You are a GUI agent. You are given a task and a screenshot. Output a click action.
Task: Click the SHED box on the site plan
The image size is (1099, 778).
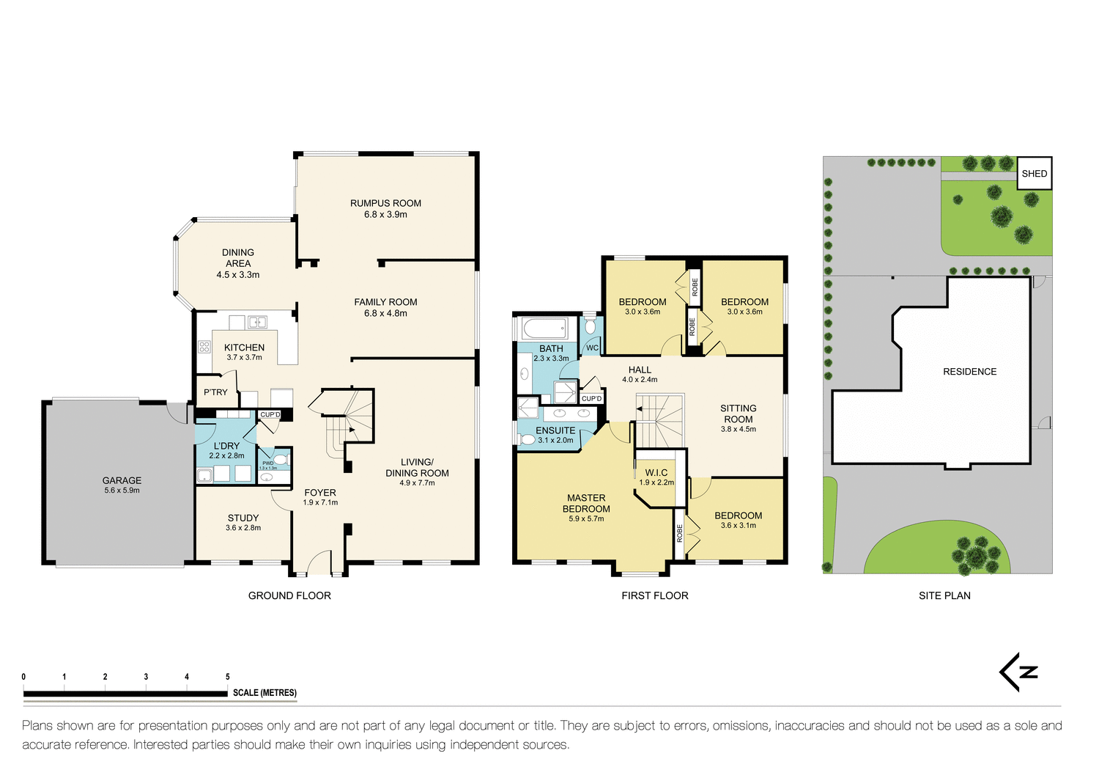(x=1034, y=174)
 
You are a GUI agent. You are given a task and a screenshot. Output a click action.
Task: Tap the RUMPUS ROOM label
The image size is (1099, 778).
(x=385, y=203)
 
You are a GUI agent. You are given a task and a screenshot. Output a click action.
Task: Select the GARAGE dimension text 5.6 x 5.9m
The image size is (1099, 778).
(x=122, y=491)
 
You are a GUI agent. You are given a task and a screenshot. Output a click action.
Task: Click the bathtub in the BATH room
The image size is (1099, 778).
(x=544, y=328)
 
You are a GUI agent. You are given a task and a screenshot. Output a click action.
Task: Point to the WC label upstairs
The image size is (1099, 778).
(x=592, y=348)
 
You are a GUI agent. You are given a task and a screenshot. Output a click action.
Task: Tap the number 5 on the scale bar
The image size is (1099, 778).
(x=228, y=677)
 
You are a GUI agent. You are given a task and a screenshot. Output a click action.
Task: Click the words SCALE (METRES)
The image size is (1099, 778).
(x=264, y=692)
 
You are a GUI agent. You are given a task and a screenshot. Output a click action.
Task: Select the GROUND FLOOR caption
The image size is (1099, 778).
(x=289, y=595)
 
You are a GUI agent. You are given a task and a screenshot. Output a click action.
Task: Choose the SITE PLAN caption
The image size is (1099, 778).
(x=944, y=595)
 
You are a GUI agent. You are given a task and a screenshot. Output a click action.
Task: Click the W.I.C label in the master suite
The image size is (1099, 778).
(x=656, y=472)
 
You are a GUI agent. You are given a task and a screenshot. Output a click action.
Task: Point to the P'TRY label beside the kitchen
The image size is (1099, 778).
(x=215, y=392)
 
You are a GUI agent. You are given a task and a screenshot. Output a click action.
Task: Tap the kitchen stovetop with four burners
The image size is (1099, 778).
(x=204, y=347)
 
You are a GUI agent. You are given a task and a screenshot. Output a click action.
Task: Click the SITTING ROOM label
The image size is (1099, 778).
(x=738, y=414)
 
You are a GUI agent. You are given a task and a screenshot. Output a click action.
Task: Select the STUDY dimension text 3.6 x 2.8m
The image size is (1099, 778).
(x=243, y=528)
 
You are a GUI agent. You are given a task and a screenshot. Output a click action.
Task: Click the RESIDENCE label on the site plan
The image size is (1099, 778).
(x=969, y=372)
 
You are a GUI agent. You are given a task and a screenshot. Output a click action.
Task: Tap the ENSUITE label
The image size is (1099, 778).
(x=555, y=430)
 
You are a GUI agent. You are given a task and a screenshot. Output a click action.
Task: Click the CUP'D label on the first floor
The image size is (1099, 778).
(x=591, y=399)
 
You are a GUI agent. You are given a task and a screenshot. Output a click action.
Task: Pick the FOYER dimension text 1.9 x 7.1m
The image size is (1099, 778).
(x=320, y=503)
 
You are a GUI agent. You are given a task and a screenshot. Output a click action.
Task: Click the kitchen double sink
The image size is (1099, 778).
(x=257, y=322)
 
